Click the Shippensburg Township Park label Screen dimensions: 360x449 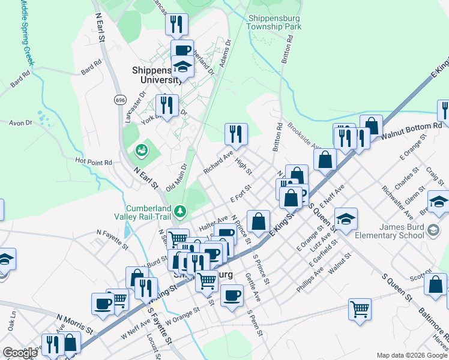(x=274, y=22)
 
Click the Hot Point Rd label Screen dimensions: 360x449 (x=94, y=162)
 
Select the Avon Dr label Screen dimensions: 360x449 (x=20, y=123)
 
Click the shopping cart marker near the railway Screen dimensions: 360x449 (x=360, y=310)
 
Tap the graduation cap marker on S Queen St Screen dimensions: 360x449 (x=346, y=220)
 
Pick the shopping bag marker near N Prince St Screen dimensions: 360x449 (x=258, y=221)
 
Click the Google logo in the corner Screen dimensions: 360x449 (x=20, y=353)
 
